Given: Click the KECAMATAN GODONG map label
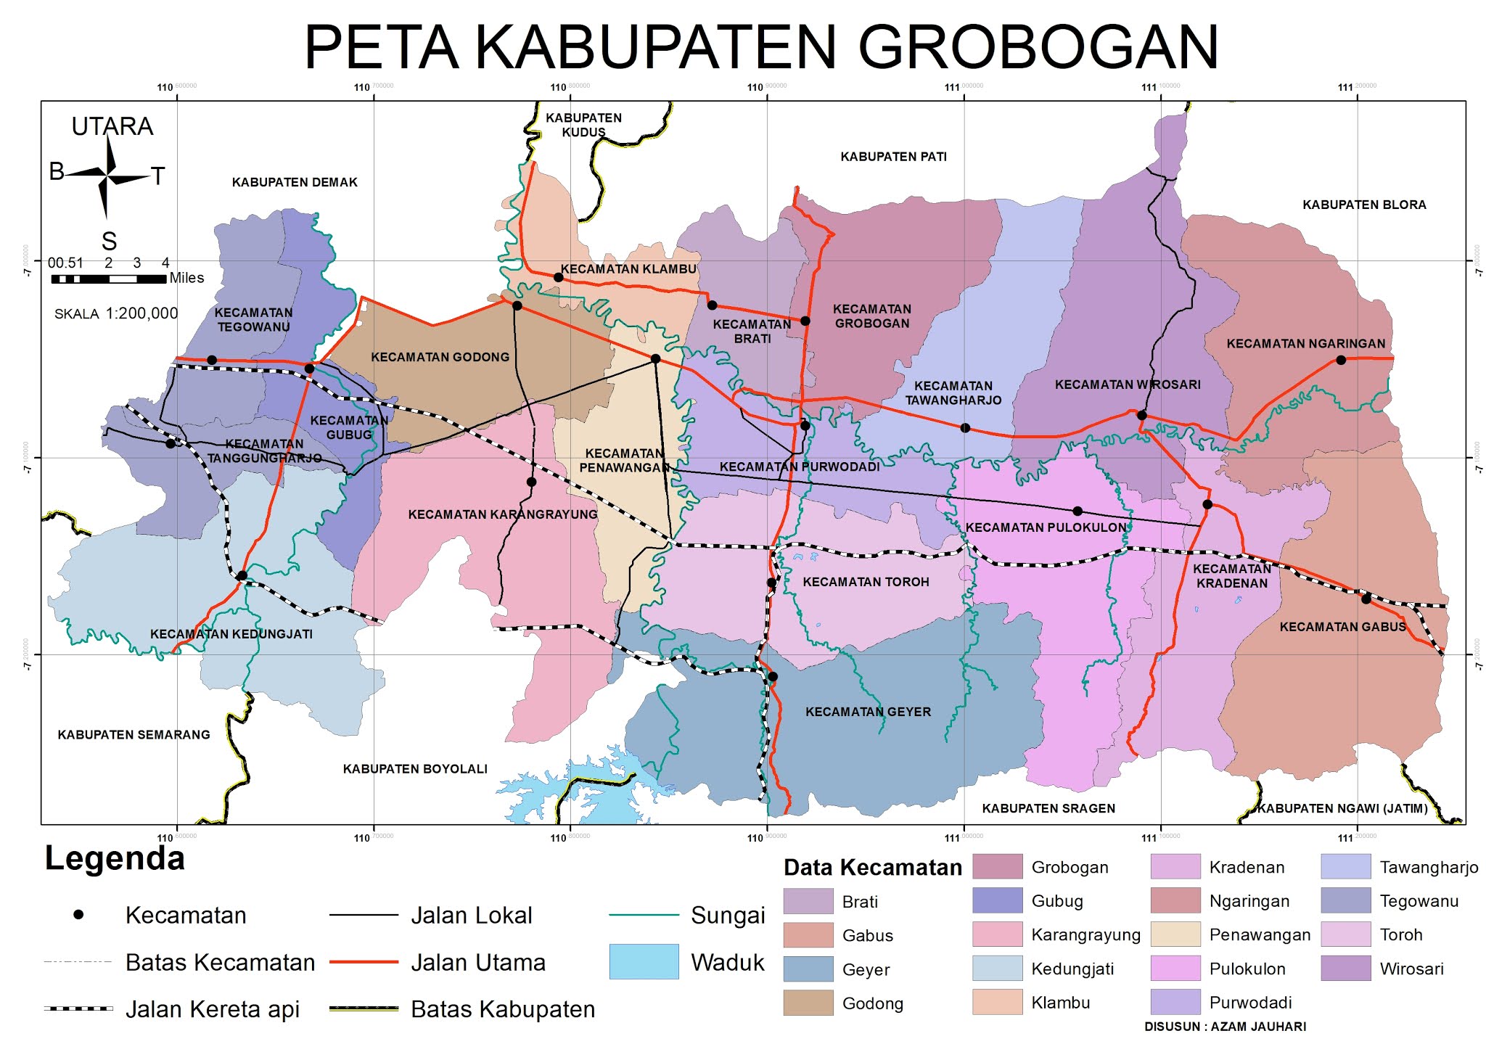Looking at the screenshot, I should click(440, 357).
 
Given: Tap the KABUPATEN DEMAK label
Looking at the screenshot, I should click(295, 182).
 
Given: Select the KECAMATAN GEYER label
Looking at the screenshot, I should click(868, 712).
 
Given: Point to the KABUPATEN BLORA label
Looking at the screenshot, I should click(1364, 205).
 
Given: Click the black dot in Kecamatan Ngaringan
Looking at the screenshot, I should click(1341, 360).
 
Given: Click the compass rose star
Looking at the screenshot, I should click(107, 176).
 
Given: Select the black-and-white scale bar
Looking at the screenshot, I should click(107, 279).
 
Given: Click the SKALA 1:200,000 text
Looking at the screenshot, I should click(116, 313).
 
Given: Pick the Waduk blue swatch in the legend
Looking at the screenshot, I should click(644, 961).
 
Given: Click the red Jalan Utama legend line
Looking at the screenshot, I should click(364, 962).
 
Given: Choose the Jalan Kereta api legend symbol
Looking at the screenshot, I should click(78, 1008).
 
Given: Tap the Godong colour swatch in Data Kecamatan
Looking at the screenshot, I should click(808, 1003).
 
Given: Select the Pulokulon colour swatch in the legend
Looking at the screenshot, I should click(1175, 969).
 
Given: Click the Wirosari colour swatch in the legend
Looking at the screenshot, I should click(1345, 969).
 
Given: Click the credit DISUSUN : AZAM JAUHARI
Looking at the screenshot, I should click(1225, 1027).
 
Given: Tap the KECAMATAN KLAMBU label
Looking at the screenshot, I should click(628, 269).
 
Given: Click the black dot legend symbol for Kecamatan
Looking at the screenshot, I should click(78, 915).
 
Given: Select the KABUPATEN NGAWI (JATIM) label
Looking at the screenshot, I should click(1342, 808).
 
